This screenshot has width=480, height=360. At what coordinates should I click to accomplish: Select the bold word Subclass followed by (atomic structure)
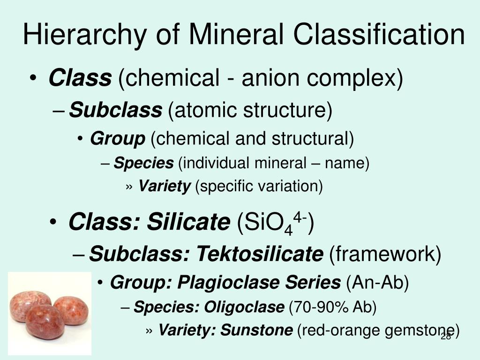(x=115, y=111)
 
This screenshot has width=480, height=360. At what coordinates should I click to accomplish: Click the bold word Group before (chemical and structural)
(x=118, y=139)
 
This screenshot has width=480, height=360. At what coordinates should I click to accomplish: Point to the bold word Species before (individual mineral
(x=144, y=163)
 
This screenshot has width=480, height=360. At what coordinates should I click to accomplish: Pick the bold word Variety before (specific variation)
(x=165, y=187)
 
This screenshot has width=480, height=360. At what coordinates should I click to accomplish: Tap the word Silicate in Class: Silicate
(x=193, y=221)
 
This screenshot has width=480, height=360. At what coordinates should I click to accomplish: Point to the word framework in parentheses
(x=385, y=255)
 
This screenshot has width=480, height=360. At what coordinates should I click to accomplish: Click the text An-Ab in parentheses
(x=377, y=283)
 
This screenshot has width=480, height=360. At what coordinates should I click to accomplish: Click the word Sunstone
(x=257, y=330)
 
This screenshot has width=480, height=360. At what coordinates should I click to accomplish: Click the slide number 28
(x=446, y=337)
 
